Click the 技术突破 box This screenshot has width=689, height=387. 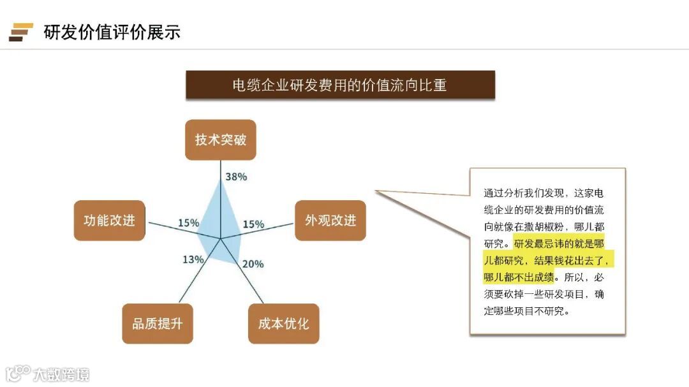point(220,140)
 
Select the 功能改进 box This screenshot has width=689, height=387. point(109,221)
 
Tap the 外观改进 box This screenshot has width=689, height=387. point(330,221)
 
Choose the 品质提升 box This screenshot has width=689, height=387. point(157,323)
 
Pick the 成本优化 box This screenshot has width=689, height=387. point(283,323)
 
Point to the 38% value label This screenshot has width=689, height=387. point(236,177)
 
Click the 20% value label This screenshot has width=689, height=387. point(253,264)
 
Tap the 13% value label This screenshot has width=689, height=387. point(193,259)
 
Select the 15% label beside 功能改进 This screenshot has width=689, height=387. point(188,223)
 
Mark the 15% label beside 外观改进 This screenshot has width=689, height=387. point(253,224)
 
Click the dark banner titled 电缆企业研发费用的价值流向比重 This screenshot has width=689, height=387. point(340,85)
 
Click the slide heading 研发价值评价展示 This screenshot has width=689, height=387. point(112,32)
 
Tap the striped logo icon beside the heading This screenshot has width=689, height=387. point(20,32)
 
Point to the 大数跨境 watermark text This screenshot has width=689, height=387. point(61,374)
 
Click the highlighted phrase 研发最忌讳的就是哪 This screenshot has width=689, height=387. point(558,243)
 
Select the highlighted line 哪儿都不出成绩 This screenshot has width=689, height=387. point(519,277)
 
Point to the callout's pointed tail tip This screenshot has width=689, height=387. point(376,191)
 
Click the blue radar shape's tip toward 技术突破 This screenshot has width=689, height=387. point(221,180)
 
